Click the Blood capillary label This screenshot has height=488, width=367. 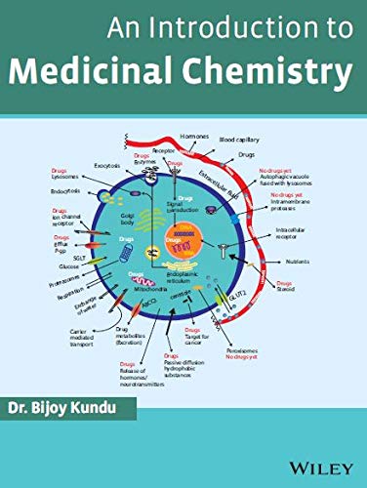[240, 141]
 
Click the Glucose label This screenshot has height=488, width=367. [68, 265]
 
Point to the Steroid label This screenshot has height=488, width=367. [315, 289]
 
